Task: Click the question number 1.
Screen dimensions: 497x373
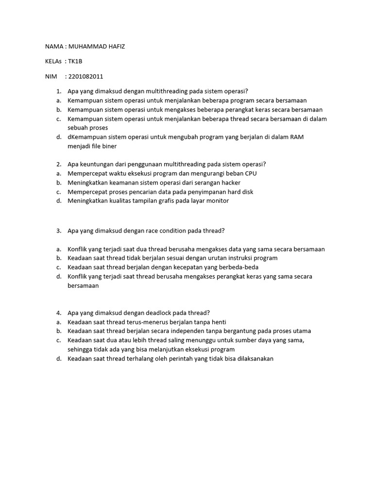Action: pyautogui.click(x=58, y=91)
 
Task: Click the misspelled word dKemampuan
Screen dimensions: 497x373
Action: pyautogui.click(x=88, y=137)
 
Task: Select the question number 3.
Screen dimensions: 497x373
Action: pyautogui.click(x=58, y=231)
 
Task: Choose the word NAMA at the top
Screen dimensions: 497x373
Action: pyautogui.click(x=54, y=47)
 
